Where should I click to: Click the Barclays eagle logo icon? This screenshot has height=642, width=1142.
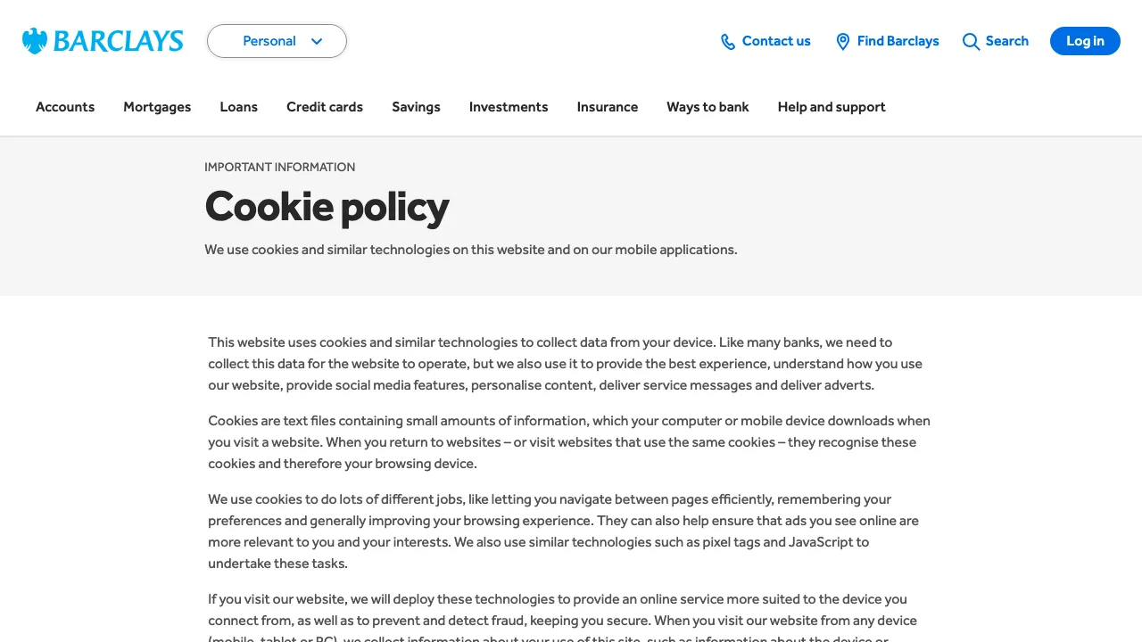(35, 41)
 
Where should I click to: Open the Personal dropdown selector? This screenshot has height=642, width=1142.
(277, 41)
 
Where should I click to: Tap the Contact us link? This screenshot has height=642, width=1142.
(775, 41)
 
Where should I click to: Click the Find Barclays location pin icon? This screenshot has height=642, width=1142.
(842, 42)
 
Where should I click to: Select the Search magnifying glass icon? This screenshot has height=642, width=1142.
(971, 42)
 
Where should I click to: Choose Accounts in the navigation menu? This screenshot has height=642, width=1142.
(65, 107)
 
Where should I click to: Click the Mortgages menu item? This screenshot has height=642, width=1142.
(157, 107)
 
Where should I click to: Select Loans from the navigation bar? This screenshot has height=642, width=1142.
(239, 107)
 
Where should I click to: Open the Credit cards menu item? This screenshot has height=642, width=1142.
(325, 107)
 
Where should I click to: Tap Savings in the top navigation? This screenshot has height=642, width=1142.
(416, 107)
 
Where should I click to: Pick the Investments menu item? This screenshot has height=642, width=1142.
(509, 107)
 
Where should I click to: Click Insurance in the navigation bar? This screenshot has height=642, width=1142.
(608, 107)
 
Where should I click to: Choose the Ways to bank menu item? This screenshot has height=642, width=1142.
(708, 107)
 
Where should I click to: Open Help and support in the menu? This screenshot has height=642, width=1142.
(832, 107)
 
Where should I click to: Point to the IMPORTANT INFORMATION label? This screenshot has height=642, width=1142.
(280, 167)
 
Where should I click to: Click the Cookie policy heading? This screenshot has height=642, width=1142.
(327, 207)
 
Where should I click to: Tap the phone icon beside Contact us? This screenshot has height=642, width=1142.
(728, 42)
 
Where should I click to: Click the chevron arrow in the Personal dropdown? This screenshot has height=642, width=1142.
(317, 41)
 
